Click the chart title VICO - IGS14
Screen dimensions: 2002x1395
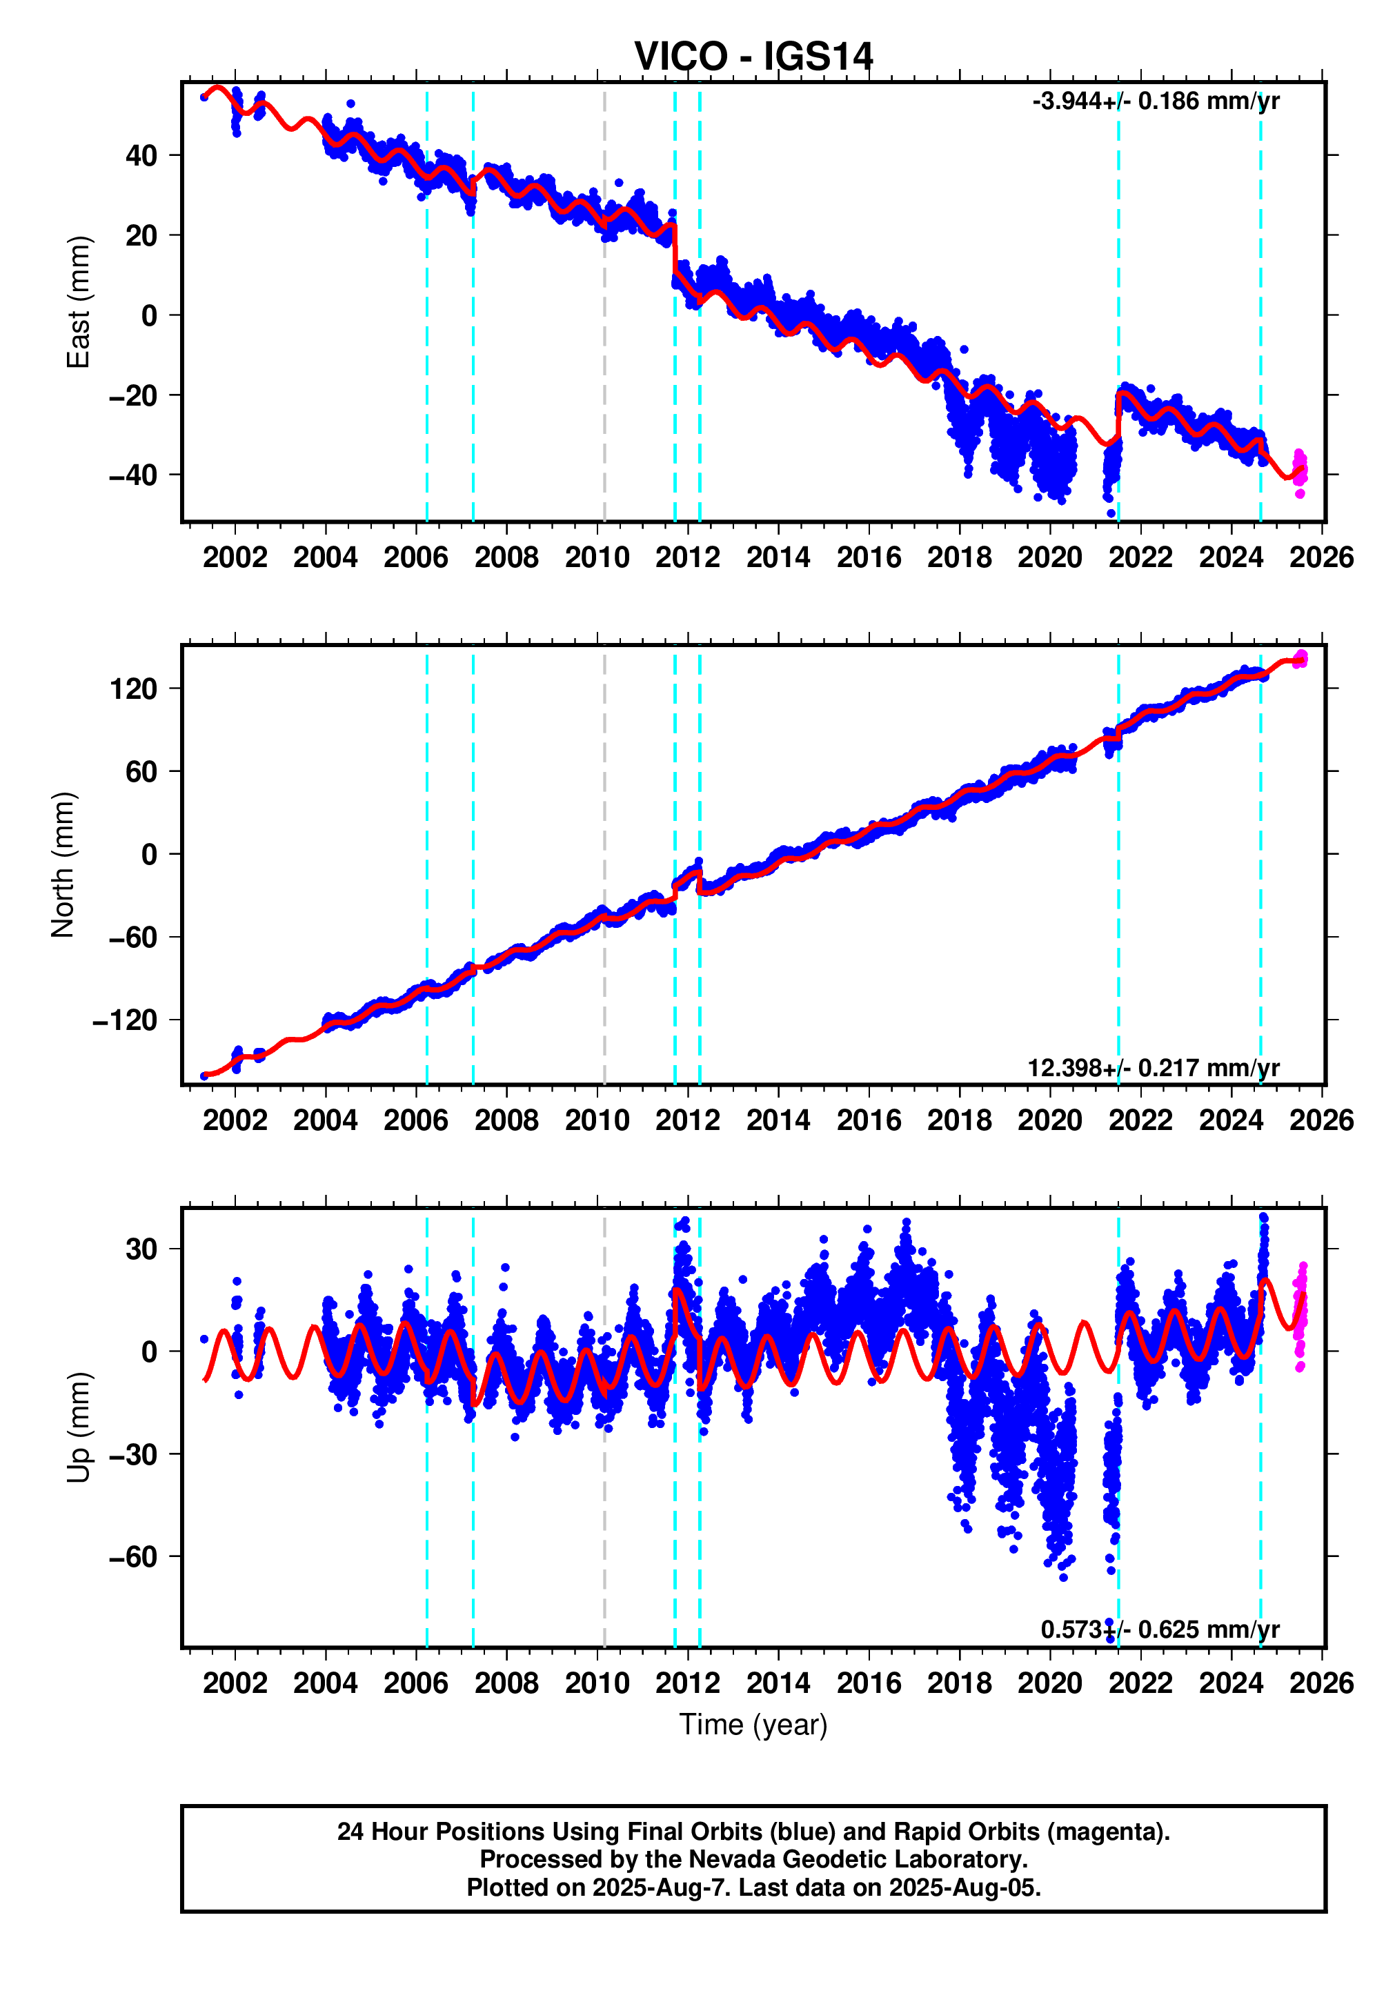click(x=753, y=57)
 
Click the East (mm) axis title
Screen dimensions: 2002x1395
click(x=79, y=301)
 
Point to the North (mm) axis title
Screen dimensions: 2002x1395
click(x=63, y=864)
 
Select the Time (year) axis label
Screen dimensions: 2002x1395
click(x=753, y=1724)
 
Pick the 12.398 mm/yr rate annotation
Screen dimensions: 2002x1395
click(x=1153, y=1067)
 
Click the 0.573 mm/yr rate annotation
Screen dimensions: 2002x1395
click(x=1160, y=1629)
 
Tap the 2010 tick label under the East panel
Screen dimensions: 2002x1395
click(x=597, y=557)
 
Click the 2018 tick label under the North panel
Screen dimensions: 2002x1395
click(x=959, y=1120)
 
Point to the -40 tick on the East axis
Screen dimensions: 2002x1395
click(x=133, y=475)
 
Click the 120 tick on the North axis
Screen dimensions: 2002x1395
click(x=133, y=689)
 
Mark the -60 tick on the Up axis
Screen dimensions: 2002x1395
click(x=133, y=1556)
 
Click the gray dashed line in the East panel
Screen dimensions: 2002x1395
click(x=604, y=349)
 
